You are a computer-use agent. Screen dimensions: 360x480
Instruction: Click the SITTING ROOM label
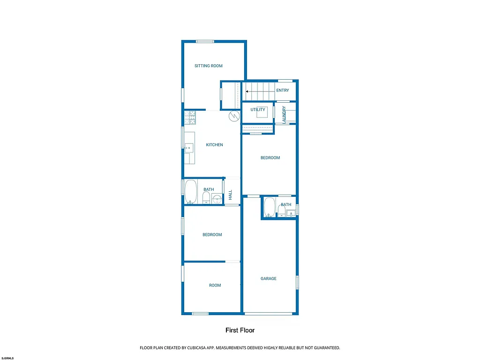(x=209, y=66)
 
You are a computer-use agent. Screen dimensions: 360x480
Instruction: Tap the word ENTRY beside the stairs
(x=283, y=90)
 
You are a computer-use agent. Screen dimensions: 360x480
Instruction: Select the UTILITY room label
(x=258, y=110)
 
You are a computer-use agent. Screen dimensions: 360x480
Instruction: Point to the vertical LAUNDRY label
(x=284, y=114)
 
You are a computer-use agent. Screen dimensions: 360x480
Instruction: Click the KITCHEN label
(x=214, y=145)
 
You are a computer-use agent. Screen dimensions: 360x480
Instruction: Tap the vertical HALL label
(x=230, y=195)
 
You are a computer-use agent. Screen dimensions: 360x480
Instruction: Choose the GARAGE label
(x=269, y=278)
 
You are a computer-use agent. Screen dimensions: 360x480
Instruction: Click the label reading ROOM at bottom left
(x=215, y=285)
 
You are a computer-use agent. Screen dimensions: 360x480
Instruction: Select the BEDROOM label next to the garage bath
(x=270, y=158)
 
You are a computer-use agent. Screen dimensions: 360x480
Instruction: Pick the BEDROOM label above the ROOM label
(x=212, y=235)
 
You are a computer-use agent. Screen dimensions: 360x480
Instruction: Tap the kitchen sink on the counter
(x=189, y=148)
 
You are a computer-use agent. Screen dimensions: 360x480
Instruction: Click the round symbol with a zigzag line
(x=233, y=116)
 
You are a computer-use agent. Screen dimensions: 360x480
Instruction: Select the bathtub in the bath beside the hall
(x=190, y=192)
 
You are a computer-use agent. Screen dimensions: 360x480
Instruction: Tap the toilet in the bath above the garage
(x=281, y=212)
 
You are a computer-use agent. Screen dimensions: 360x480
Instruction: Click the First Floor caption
(x=240, y=330)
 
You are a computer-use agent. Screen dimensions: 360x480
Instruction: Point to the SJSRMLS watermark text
(x=7, y=358)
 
